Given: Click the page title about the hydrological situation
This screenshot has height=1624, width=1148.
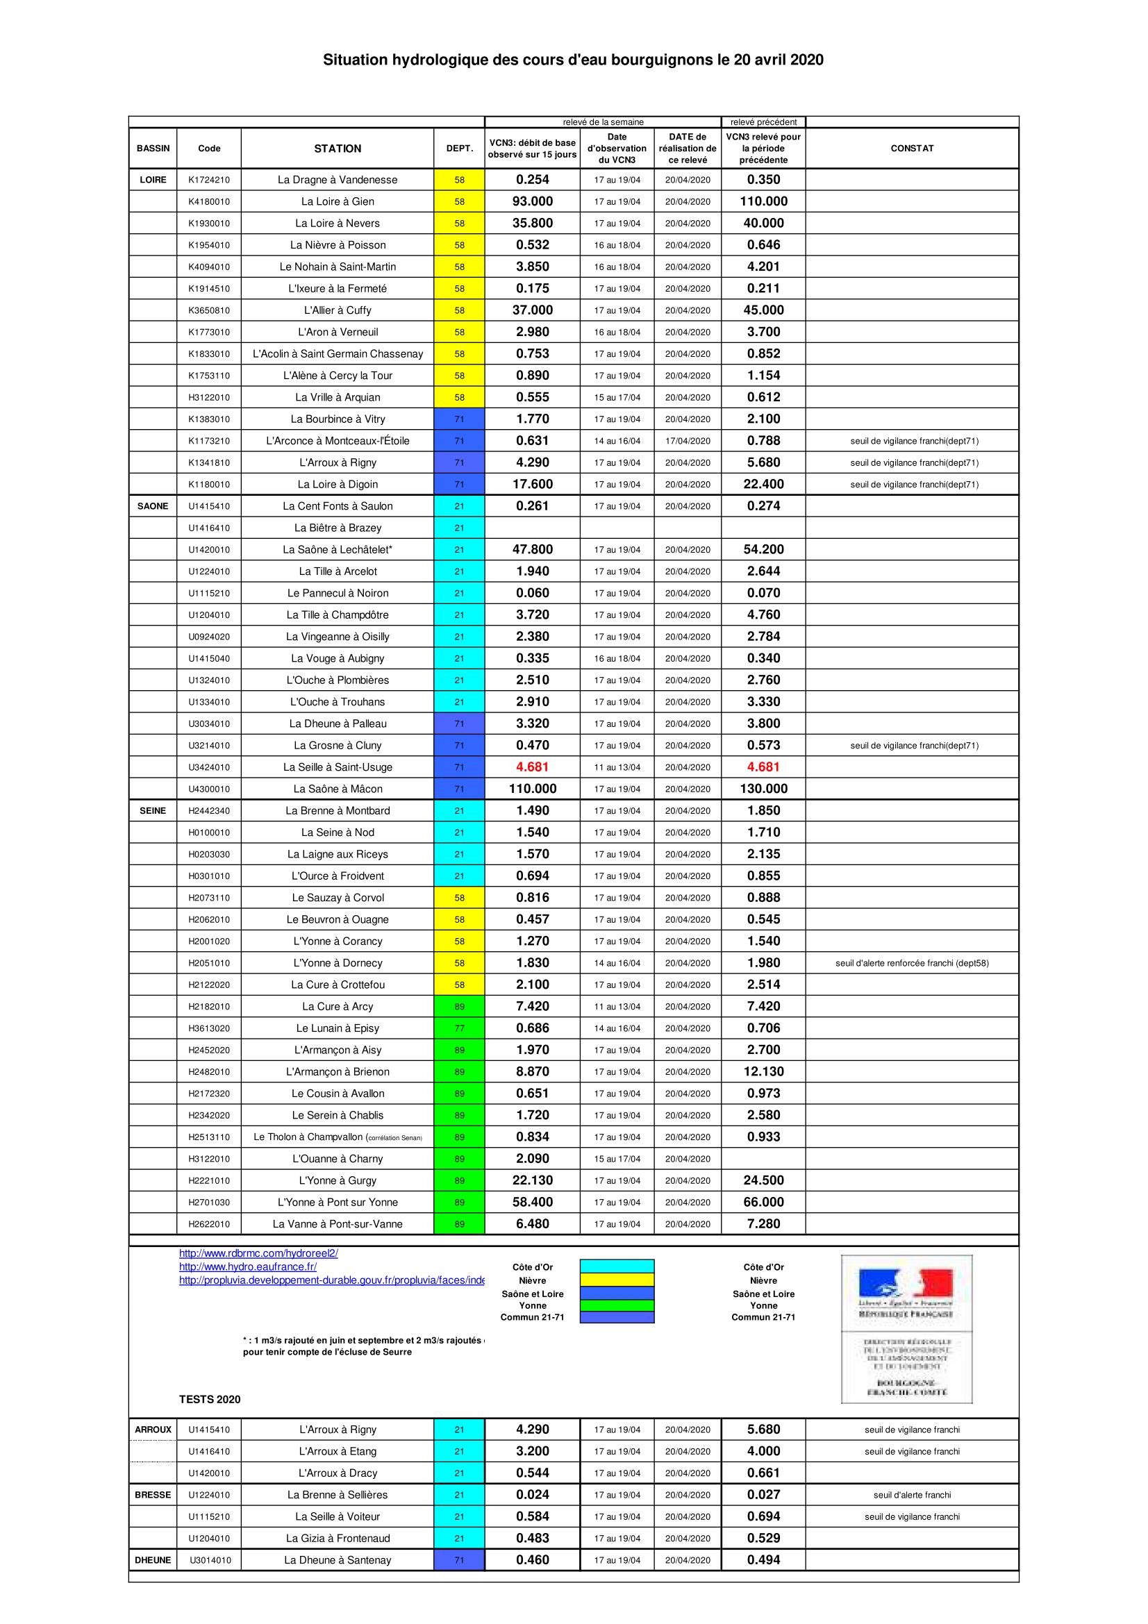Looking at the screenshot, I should click(573, 60).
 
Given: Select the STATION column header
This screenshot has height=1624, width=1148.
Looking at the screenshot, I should click(338, 149).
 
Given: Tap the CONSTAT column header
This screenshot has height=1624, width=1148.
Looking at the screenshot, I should click(912, 149).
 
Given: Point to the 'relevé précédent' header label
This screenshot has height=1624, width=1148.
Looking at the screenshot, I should click(763, 122).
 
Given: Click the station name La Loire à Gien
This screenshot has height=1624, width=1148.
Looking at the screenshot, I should click(338, 201).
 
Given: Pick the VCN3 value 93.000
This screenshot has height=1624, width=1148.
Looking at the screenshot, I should click(533, 201).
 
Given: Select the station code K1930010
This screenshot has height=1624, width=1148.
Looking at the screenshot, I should click(208, 224).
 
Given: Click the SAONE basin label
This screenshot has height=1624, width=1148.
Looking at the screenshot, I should click(153, 506).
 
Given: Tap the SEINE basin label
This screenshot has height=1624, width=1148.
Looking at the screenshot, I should click(153, 810).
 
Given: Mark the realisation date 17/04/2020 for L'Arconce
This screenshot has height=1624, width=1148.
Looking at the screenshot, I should click(688, 442).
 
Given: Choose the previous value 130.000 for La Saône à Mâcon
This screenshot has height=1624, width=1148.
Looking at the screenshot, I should click(763, 789).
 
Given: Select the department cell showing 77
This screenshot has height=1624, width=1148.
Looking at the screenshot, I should click(459, 1028).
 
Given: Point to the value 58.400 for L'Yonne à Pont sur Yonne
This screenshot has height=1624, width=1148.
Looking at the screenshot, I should click(533, 1203).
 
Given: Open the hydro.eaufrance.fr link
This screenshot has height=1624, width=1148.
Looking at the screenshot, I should click(247, 1267).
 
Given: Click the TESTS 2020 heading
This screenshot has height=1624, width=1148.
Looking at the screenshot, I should click(209, 1400).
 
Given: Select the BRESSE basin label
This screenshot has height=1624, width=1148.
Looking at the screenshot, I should click(153, 1496).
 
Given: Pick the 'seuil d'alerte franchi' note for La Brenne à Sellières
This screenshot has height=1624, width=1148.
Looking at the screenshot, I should click(912, 1496).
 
